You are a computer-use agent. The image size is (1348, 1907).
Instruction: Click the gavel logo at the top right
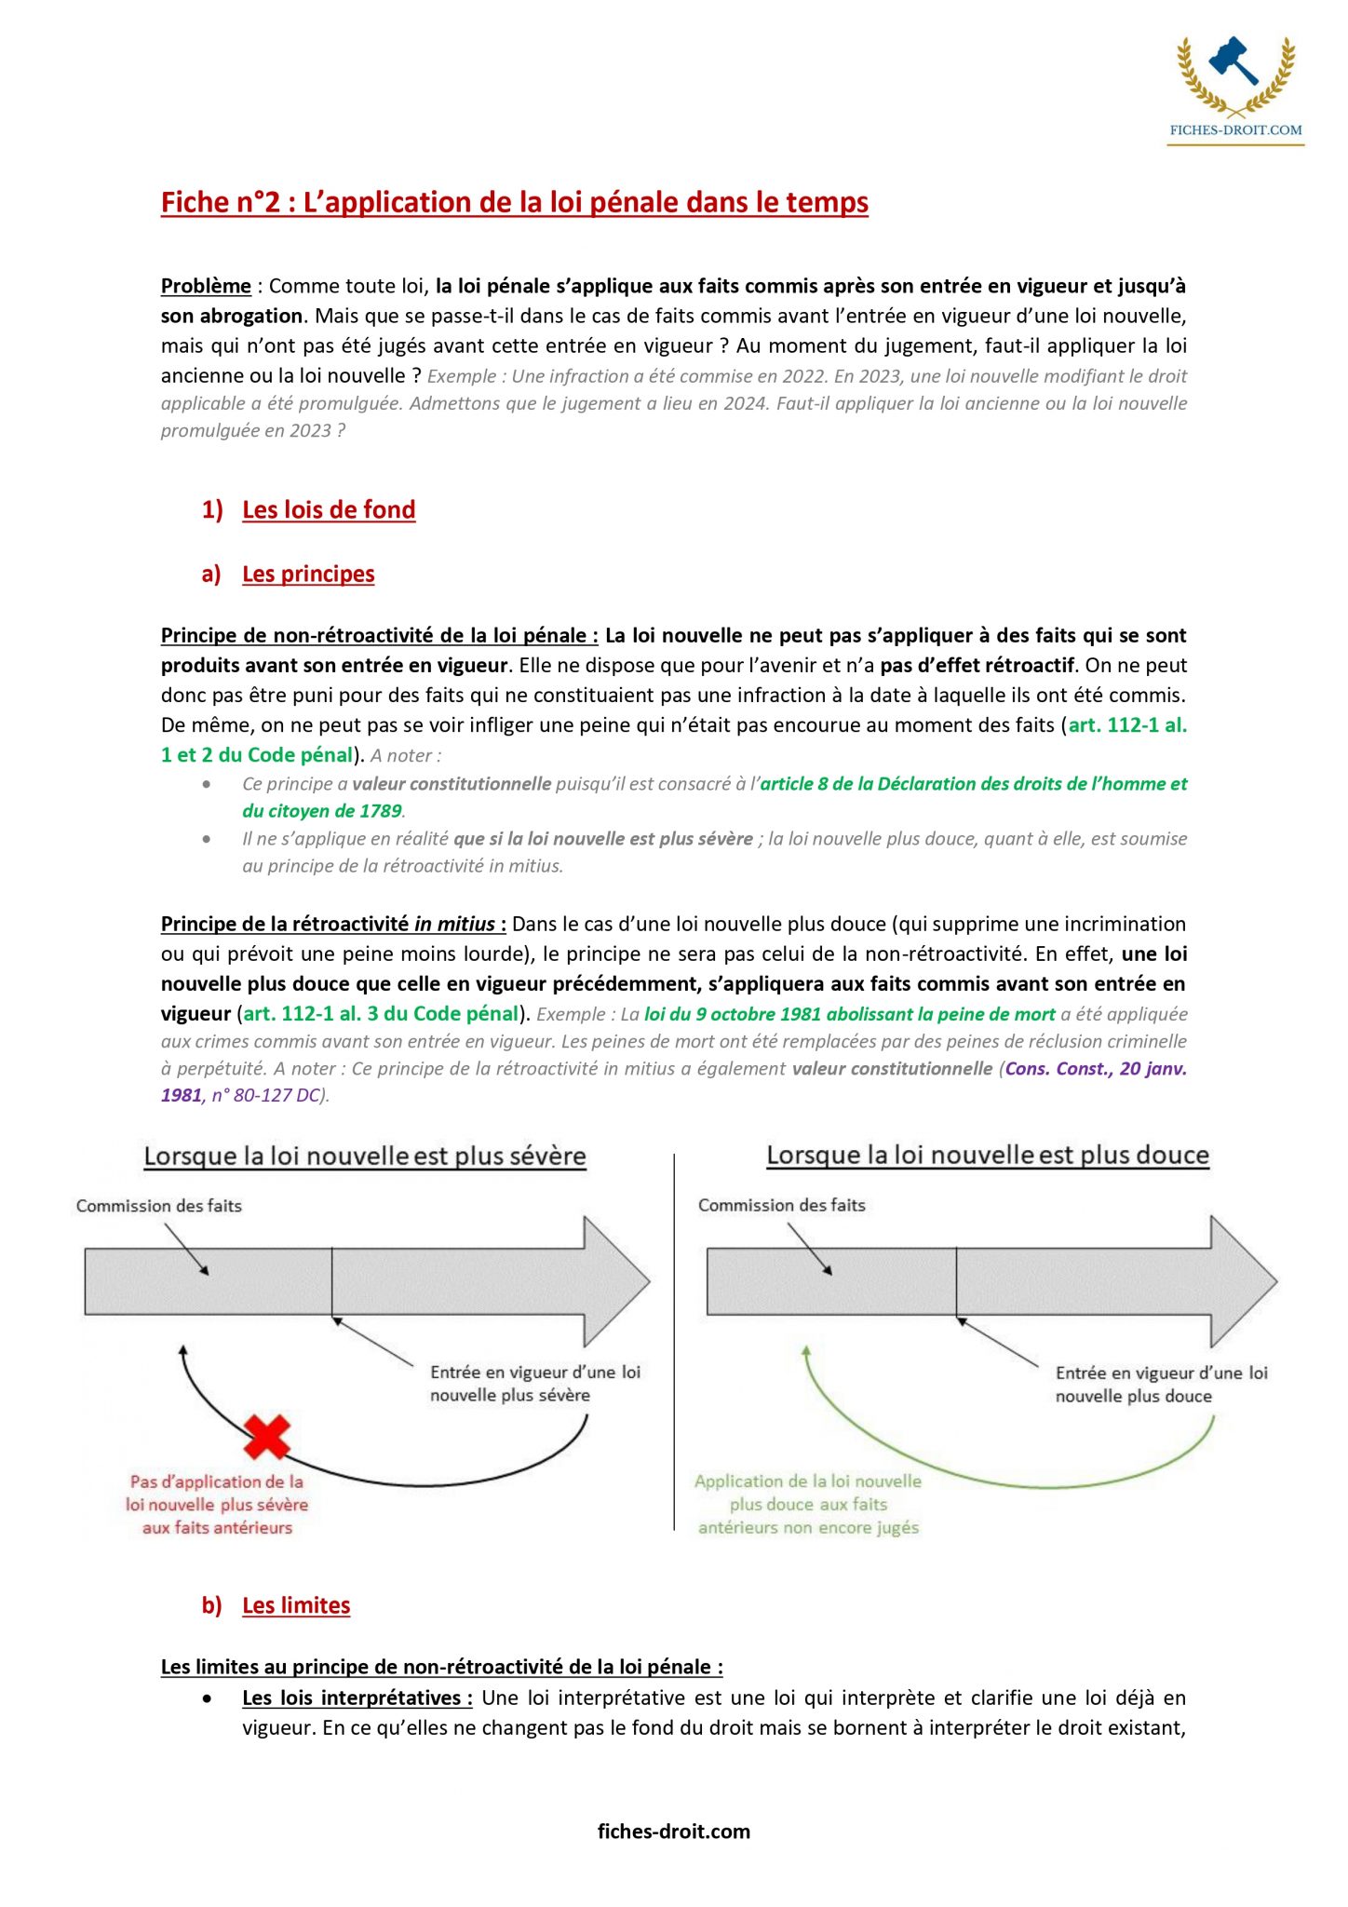coord(1234,65)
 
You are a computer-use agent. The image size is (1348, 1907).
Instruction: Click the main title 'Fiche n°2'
coord(514,202)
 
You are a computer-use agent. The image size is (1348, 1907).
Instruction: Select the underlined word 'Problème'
coord(206,286)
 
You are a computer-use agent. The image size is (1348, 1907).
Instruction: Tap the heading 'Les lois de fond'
coord(329,509)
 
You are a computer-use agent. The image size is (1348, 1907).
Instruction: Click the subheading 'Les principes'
coord(308,574)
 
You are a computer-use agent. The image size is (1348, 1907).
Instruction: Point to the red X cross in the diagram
coord(267,1437)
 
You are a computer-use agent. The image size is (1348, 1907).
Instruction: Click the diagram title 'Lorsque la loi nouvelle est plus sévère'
coord(365,1156)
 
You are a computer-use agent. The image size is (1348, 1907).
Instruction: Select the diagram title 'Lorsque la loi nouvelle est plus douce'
coord(988,1156)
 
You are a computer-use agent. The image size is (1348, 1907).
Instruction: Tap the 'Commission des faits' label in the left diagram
coord(159,1206)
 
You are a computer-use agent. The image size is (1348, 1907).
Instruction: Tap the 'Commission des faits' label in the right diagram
coord(782,1205)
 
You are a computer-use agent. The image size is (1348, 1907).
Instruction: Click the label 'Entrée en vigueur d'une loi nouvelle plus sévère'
coord(535,1384)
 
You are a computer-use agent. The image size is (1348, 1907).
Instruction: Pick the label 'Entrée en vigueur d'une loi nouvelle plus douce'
coord(1161,1385)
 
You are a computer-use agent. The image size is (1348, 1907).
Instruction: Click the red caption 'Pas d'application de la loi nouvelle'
coord(217,1504)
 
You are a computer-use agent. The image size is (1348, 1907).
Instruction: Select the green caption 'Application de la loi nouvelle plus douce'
coord(808,1504)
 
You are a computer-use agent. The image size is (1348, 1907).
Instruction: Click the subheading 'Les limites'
coord(296,1605)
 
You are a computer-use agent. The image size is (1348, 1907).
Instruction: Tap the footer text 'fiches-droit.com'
coord(674,1832)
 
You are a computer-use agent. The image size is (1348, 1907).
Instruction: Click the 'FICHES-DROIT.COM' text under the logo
coord(1235,130)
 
